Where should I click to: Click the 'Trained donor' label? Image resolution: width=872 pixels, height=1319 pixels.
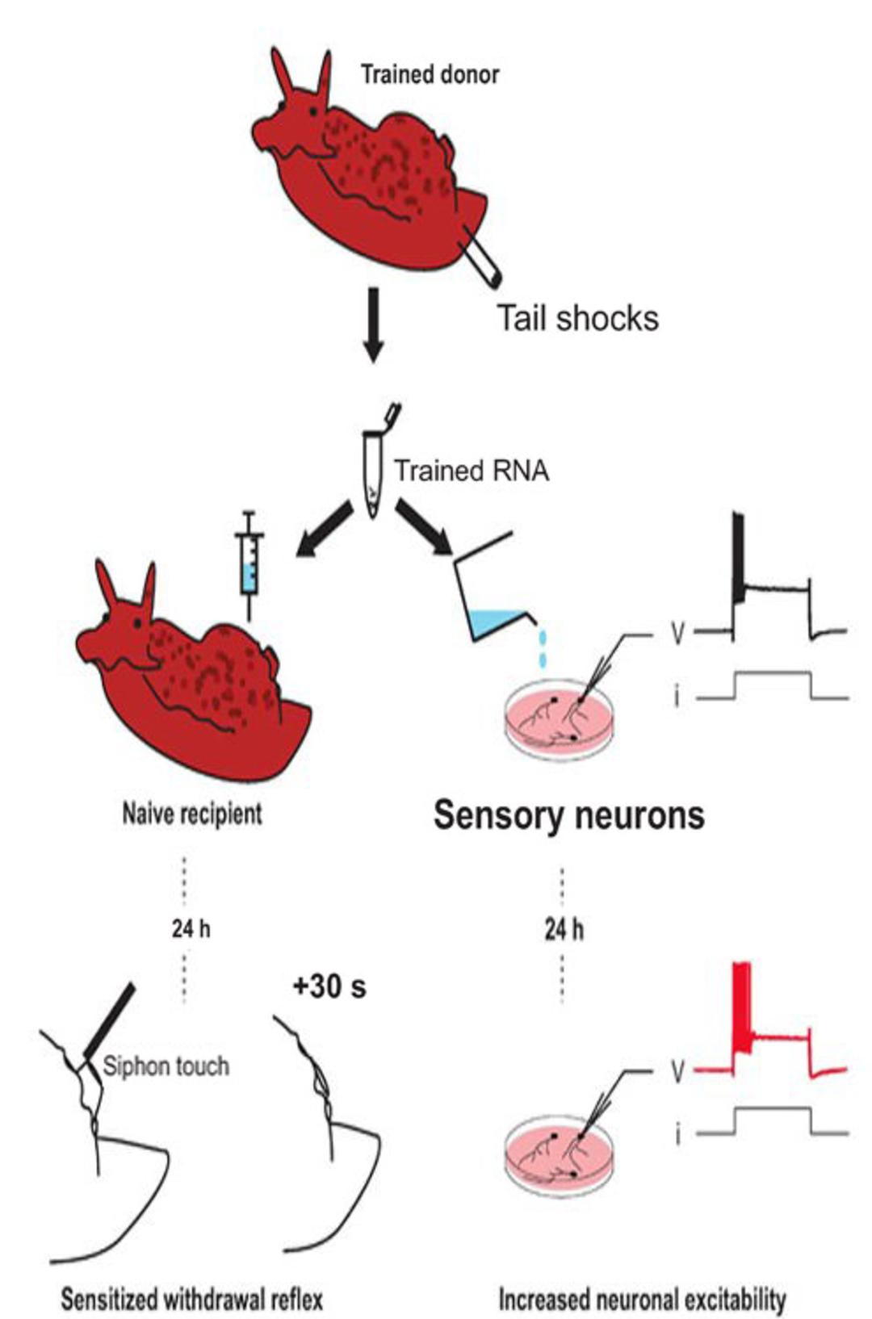coord(430,75)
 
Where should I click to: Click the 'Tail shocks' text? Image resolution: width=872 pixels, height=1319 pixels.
coord(578,319)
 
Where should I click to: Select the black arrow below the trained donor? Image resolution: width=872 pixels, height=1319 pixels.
coord(373,325)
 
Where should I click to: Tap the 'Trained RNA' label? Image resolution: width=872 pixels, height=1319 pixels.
coord(472,471)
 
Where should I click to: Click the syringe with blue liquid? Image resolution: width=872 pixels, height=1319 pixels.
coord(249,566)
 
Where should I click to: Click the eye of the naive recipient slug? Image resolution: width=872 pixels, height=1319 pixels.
coord(138,622)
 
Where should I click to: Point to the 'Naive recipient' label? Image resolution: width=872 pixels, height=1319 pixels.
coord(192,814)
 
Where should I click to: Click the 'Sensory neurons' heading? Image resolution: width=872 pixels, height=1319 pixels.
coord(569,815)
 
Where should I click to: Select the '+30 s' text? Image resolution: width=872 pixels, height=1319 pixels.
coord(329,986)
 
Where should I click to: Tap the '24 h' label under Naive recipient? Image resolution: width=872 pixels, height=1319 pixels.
coord(191,929)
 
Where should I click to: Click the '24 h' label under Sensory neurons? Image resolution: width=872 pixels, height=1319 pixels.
coord(564,931)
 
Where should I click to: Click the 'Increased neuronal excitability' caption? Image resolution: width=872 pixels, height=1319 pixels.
coord(643,1296)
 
